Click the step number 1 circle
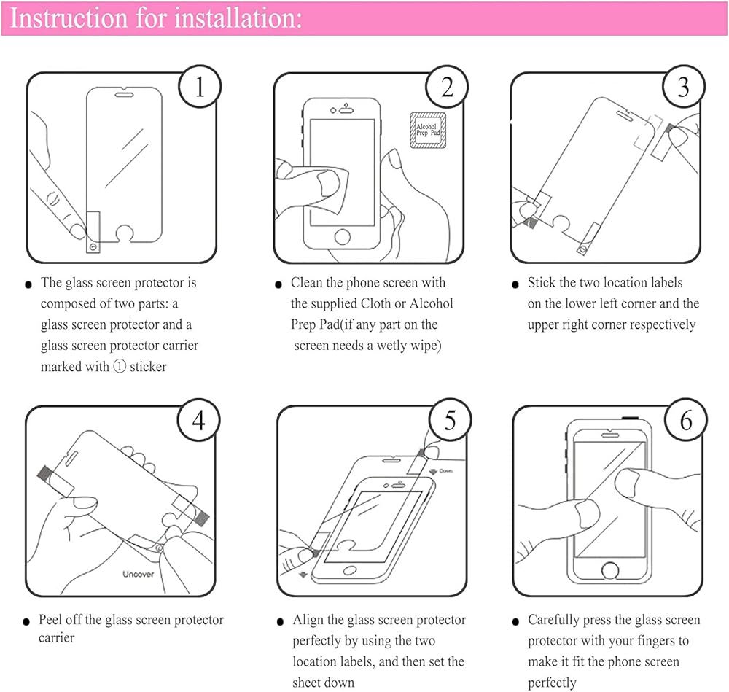[199, 88]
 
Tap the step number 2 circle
[447, 88]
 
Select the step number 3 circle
[683, 88]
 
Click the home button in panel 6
[610, 570]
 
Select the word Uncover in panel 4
[137, 574]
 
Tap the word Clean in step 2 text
[306, 283]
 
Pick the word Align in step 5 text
[308, 621]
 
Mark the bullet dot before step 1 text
[28, 284]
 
